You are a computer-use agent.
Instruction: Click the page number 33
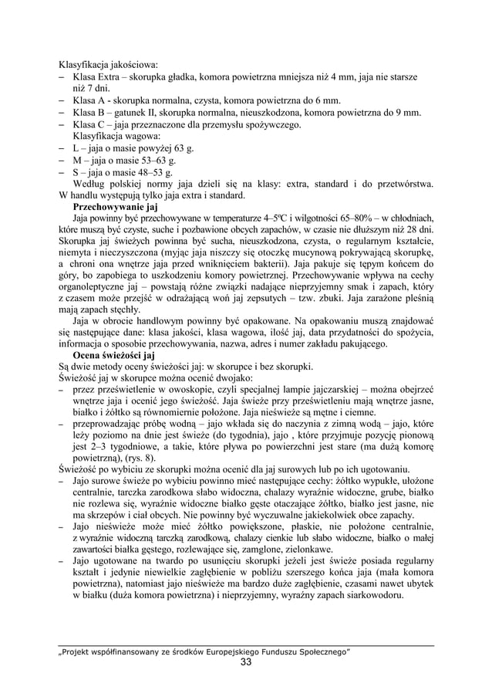pyautogui.click(x=245, y=663)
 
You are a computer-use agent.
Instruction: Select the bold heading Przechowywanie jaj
pyautogui.click(x=114, y=207)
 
